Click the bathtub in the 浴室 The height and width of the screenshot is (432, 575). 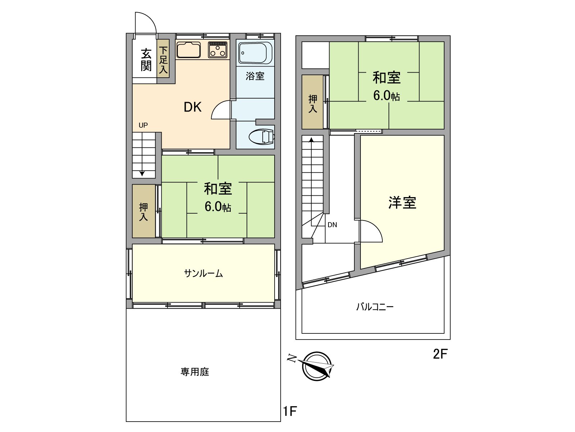pyautogui.click(x=255, y=53)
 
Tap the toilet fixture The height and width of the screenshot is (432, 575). pyautogui.click(x=261, y=137)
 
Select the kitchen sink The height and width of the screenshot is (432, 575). pyautogui.click(x=188, y=50)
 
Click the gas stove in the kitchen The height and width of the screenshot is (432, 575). pyautogui.click(x=218, y=50)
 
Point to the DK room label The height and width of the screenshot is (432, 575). pyautogui.click(x=193, y=107)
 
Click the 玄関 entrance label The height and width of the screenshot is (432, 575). pyautogui.click(x=146, y=60)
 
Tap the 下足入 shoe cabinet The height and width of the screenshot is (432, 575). pyautogui.click(x=164, y=60)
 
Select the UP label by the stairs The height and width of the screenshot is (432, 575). pyautogui.click(x=143, y=125)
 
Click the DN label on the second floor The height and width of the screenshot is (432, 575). pyautogui.click(x=332, y=225)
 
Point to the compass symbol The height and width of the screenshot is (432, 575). pyautogui.click(x=317, y=366)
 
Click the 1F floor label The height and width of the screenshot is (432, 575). pyautogui.click(x=290, y=411)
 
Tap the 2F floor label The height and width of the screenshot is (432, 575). pyautogui.click(x=440, y=354)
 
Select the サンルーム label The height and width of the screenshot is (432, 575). pyautogui.click(x=203, y=273)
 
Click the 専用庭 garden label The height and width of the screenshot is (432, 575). pyautogui.click(x=195, y=372)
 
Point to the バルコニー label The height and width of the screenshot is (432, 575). pyautogui.click(x=375, y=307)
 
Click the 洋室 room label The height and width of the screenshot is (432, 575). pyautogui.click(x=402, y=203)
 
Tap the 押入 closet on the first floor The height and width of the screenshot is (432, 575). pyautogui.click(x=144, y=212)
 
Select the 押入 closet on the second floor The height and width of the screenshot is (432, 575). pyautogui.click(x=313, y=103)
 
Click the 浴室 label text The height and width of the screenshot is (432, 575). pyautogui.click(x=255, y=76)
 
